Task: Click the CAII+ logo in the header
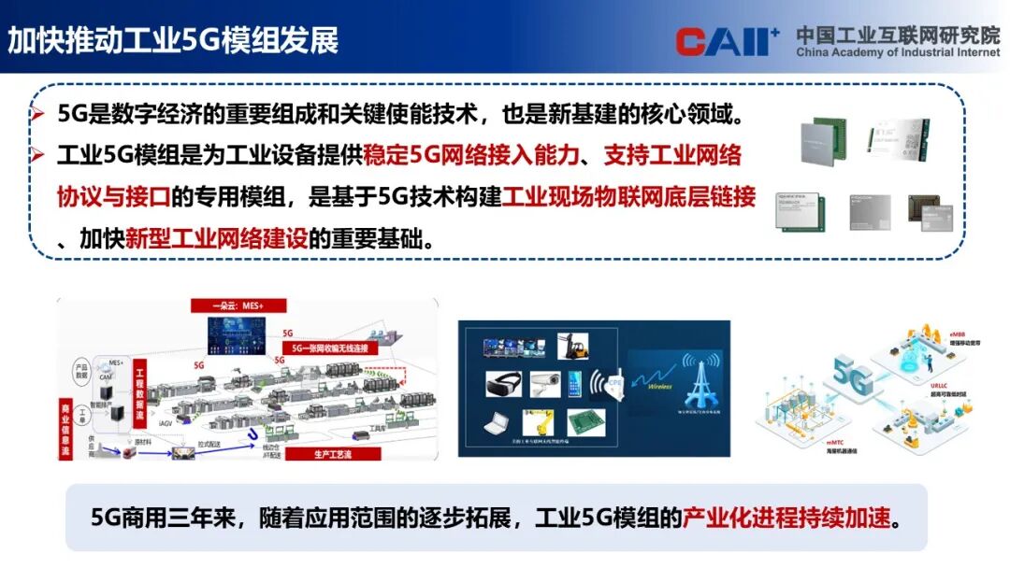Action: pyautogui.click(x=728, y=41)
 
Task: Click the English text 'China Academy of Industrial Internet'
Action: pyautogui.click(x=898, y=53)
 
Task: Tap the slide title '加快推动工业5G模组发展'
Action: pyautogui.click(x=173, y=41)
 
